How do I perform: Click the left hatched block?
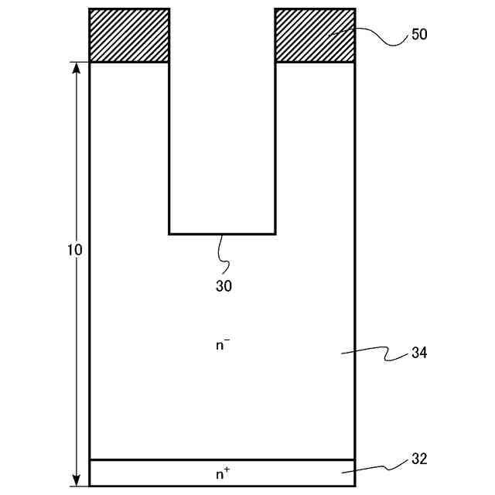[129, 36]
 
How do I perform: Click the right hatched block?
[315, 36]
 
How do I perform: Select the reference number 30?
[224, 285]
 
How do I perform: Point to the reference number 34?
[420, 353]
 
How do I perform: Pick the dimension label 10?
[75, 251]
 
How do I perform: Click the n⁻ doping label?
[223, 345]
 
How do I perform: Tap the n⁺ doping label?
[223, 473]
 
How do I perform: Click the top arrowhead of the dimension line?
[77, 68]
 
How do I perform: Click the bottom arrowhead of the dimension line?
[77, 480]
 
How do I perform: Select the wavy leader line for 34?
[375, 353]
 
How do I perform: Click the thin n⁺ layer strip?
[155, 473]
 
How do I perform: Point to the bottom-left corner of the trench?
[169, 234]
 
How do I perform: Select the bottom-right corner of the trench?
[275, 234]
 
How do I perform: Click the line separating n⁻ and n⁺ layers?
[155, 460]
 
